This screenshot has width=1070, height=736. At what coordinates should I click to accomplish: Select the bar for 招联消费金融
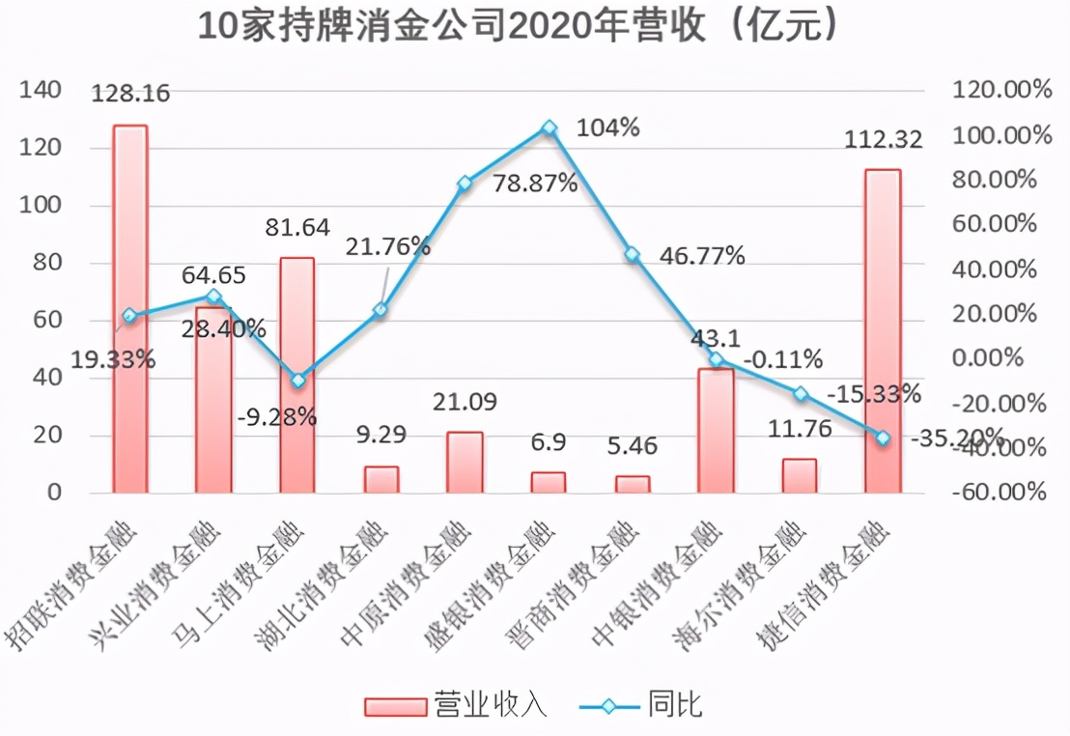[x=130, y=309]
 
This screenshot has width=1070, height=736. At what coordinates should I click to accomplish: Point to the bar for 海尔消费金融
[x=800, y=475]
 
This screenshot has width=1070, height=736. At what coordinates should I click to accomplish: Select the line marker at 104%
[x=549, y=127]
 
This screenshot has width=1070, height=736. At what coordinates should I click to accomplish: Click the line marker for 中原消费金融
[x=465, y=183]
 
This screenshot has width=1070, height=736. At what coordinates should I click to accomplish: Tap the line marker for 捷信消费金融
[x=883, y=438]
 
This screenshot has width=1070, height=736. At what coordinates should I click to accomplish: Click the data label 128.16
[x=130, y=94]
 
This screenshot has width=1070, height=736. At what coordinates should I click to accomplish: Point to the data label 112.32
[x=882, y=140]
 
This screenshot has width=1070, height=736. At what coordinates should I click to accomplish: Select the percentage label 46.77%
[x=702, y=256]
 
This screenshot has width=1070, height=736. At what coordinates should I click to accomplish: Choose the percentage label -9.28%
[x=276, y=417]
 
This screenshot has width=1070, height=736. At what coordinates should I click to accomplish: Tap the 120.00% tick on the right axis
[x=1000, y=90]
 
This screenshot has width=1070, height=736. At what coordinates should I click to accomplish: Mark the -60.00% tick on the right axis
[x=1000, y=492]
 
